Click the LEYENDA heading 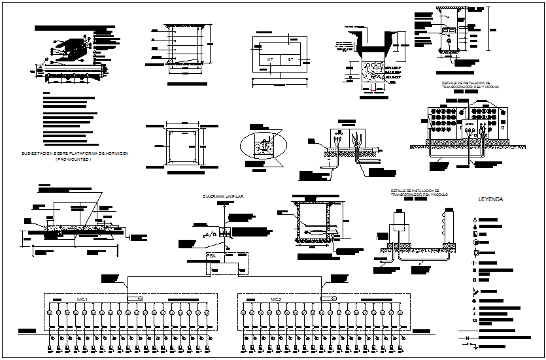point(490,199)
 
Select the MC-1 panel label point(82,299)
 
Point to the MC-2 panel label point(275,299)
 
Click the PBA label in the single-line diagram point(211,255)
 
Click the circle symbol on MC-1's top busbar point(140,299)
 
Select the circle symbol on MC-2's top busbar point(334,299)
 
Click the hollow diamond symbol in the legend point(474,220)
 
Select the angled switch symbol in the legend point(474,291)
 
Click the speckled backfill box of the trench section point(371,72)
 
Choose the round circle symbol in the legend point(474,242)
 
